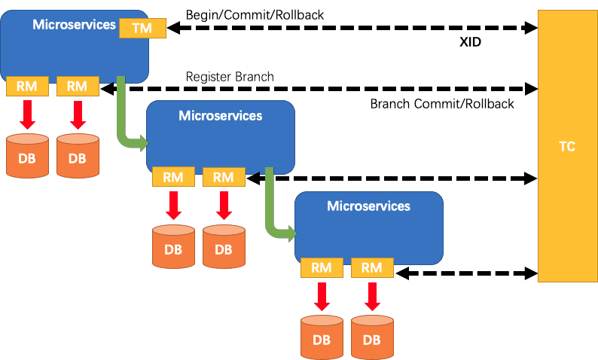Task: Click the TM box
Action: (142, 28)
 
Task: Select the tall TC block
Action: (567, 146)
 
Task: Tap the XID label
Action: (470, 42)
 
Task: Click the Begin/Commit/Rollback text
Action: (255, 15)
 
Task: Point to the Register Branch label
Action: (230, 77)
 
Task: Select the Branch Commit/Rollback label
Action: (442, 104)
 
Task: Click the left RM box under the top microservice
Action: (27, 86)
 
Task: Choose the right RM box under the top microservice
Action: (78, 86)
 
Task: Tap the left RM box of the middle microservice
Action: (173, 177)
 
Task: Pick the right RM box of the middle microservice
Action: (224, 177)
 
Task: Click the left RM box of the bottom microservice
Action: (322, 267)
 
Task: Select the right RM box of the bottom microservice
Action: (372, 267)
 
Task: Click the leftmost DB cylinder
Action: (27, 156)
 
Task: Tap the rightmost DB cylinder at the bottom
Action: (372, 337)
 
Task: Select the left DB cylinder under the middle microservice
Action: (173, 246)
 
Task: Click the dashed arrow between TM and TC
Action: (352, 28)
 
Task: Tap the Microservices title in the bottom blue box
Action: (368, 206)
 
